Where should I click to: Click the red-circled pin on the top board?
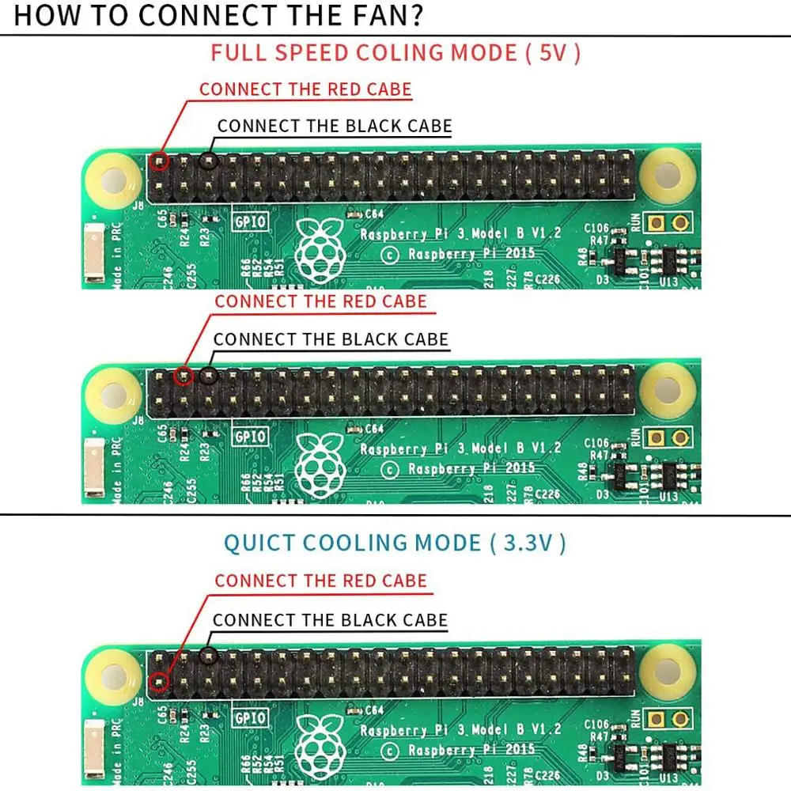(x=160, y=162)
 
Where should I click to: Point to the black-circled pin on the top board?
(x=208, y=161)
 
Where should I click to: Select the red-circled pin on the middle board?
(x=184, y=377)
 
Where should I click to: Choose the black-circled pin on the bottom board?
(x=208, y=656)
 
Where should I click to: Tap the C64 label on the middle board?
(x=373, y=429)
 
